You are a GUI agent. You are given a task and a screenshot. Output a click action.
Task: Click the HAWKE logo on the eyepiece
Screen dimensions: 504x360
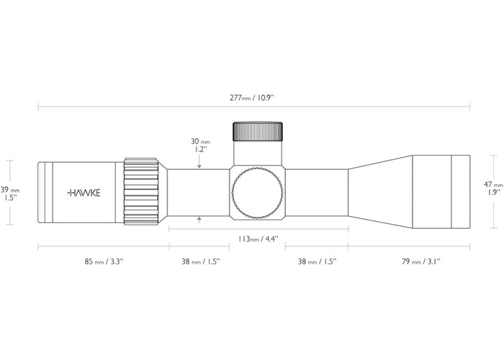(84, 193)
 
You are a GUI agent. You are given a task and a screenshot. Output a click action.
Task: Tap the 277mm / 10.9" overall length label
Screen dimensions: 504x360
(252, 98)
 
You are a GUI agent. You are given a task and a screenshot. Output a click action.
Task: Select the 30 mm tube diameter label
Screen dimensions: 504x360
(200, 141)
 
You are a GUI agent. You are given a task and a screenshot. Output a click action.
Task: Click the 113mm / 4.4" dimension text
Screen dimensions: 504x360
(258, 239)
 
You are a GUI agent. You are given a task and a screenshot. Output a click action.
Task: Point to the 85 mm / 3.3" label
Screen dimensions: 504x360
(104, 261)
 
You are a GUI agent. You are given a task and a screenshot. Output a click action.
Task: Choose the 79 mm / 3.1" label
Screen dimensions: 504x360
(421, 261)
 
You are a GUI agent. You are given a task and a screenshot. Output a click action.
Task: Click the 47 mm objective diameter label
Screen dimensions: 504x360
(493, 185)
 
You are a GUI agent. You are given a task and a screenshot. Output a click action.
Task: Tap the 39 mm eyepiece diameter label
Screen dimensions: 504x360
(10, 190)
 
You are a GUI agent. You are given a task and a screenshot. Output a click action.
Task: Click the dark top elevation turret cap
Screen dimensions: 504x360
(258, 132)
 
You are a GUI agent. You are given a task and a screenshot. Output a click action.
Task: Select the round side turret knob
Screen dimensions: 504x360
(258, 193)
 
